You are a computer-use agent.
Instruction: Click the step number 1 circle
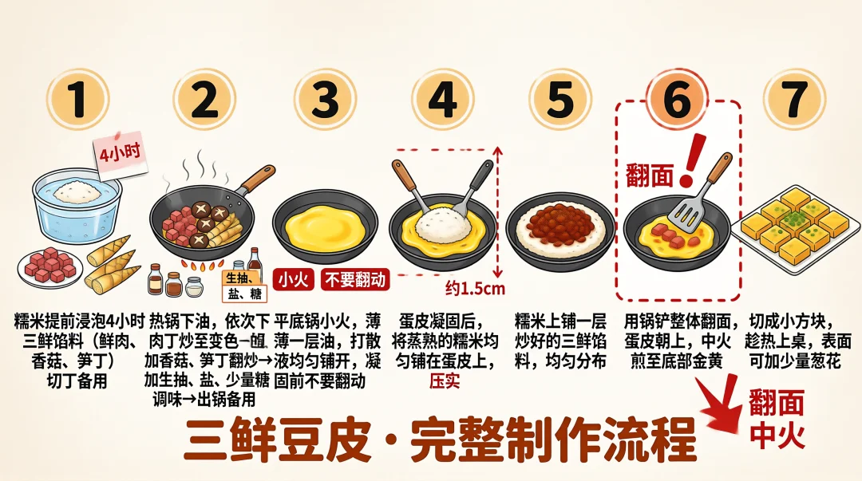[77, 101]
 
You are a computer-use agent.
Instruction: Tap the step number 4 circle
[442, 101]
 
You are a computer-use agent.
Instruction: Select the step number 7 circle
[794, 101]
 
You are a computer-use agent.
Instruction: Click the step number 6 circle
[677, 101]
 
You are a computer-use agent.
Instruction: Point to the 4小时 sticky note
[120, 154]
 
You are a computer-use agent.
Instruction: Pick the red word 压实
[445, 380]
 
